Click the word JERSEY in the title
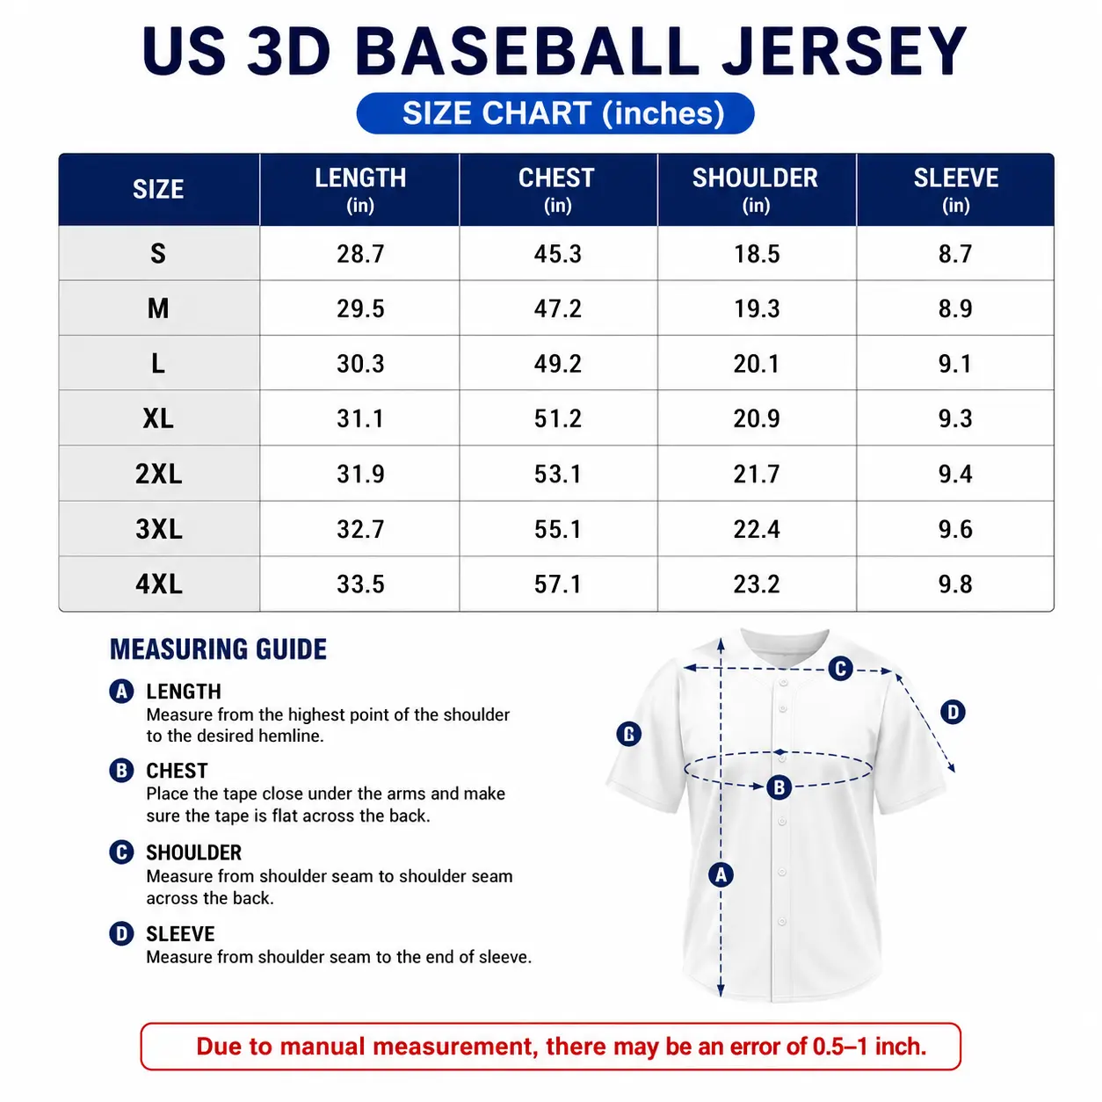(845, 52)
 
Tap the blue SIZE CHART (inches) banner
(555, 113)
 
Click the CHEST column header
(556, 189)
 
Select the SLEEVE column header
(955, 189)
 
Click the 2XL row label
(158, 474)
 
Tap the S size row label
(158, 253)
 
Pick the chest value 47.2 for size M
(557, 308)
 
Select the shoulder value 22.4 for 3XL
(756, 530)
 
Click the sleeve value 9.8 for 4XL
(955, 584)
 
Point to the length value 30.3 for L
(360, 364)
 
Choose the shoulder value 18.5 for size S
(756, 254)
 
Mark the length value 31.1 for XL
(360, 418)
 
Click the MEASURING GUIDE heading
(218, 649)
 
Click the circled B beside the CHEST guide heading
(121, 771)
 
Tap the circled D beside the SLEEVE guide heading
(121, 934)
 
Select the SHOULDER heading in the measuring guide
(193, 852)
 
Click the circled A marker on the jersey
(721, 874)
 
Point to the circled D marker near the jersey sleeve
(953, 712)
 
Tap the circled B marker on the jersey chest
(779, 787)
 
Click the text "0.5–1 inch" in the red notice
(868, 1047)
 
